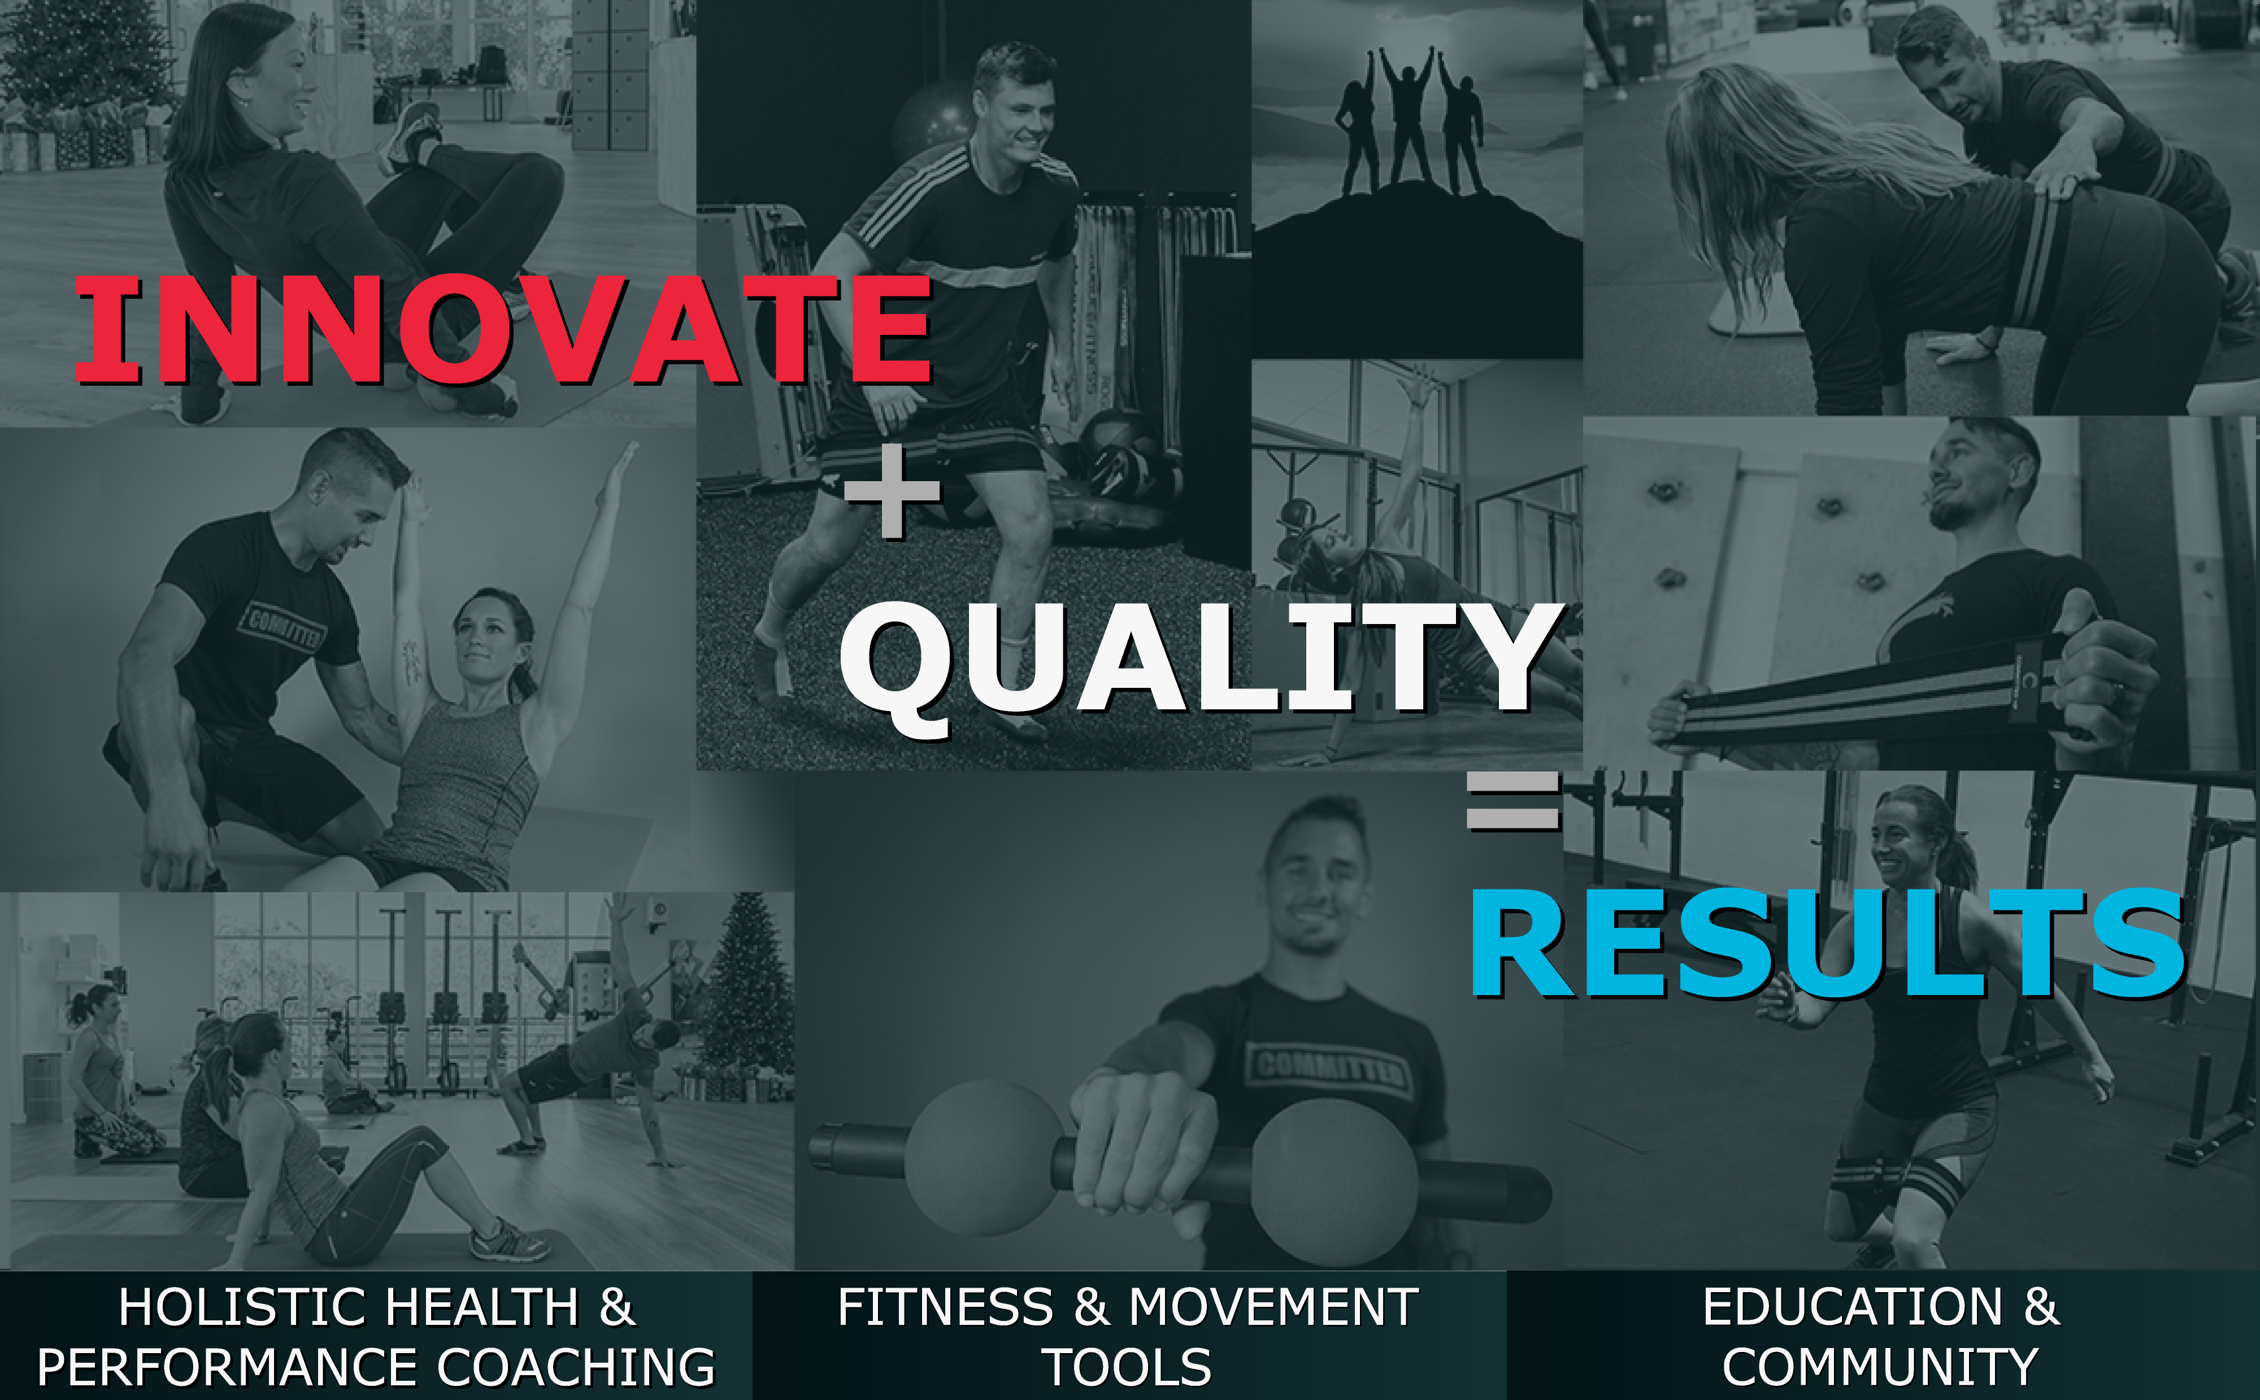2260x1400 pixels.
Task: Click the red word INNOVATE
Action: [503, 330]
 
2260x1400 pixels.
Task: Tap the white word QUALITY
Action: [1201, 659]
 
